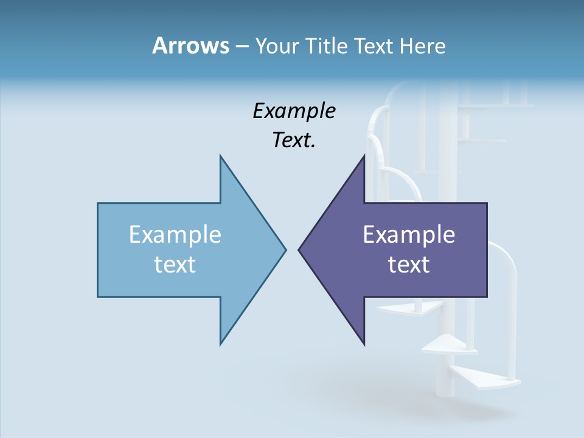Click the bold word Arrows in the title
coord(190,46)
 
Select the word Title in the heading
coord(327,46)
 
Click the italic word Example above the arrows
coord(294,111)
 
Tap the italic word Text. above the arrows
coord(294,141)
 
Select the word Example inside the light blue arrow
coord(175,235)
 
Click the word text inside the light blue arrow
coord(175,265)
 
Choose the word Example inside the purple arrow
coord(409,235)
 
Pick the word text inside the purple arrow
coord(409,265)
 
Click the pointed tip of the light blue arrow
coord(285,249)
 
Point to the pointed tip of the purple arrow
coord(299,249)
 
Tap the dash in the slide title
coord(242,46)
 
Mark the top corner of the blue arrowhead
coord(220,156)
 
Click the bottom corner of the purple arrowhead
coord(364,344)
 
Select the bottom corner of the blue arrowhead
coord(220,344)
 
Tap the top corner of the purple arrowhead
coord(364,156)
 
